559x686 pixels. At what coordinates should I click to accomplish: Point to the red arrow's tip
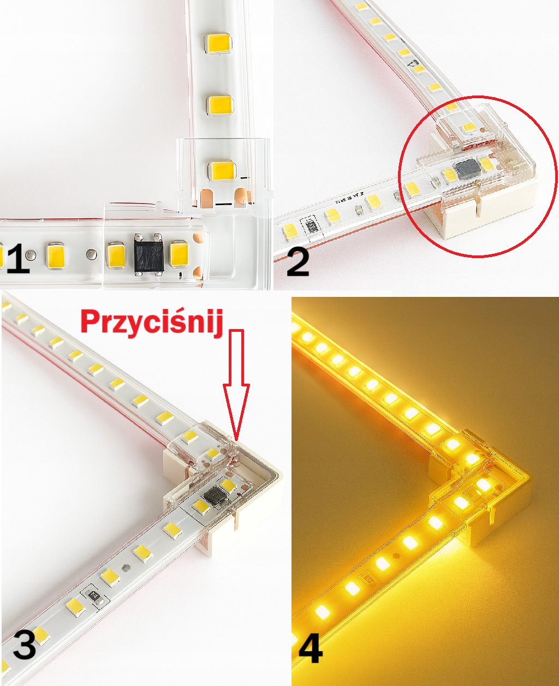click(x=236, y=440)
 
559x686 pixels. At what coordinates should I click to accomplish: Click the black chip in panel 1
click(x=148, y=254)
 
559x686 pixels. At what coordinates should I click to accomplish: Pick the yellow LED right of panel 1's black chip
click(x=180, y=254)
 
